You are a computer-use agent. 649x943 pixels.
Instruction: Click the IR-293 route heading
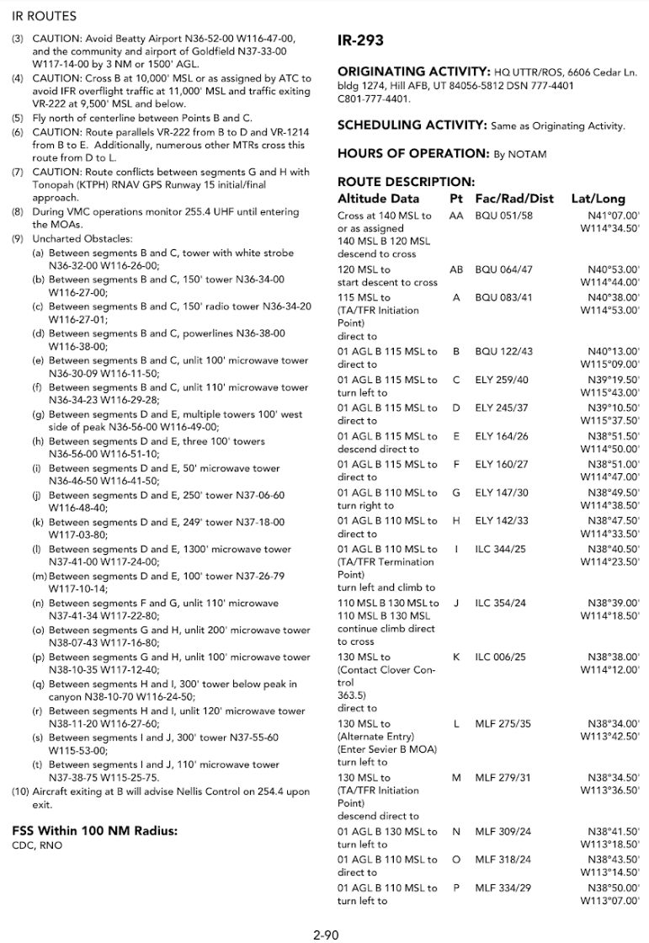[x=360, y=40]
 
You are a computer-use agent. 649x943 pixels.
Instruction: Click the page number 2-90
[x=324, y=932]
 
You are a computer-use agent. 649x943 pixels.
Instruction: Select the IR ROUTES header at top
[x=45, y=16]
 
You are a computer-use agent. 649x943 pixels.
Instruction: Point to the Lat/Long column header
[x=598, y=199]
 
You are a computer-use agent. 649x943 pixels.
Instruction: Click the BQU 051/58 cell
[x=503, y=216]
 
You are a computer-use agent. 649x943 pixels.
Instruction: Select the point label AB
[x=457, y=269]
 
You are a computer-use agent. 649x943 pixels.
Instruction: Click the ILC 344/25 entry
[x=501, y=548]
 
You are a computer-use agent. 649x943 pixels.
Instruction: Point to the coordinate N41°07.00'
[x=614, y=216]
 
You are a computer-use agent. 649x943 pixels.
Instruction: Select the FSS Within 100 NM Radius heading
[x=94, y=831]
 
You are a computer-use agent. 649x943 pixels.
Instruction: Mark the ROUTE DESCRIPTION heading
[x=406, y=181]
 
